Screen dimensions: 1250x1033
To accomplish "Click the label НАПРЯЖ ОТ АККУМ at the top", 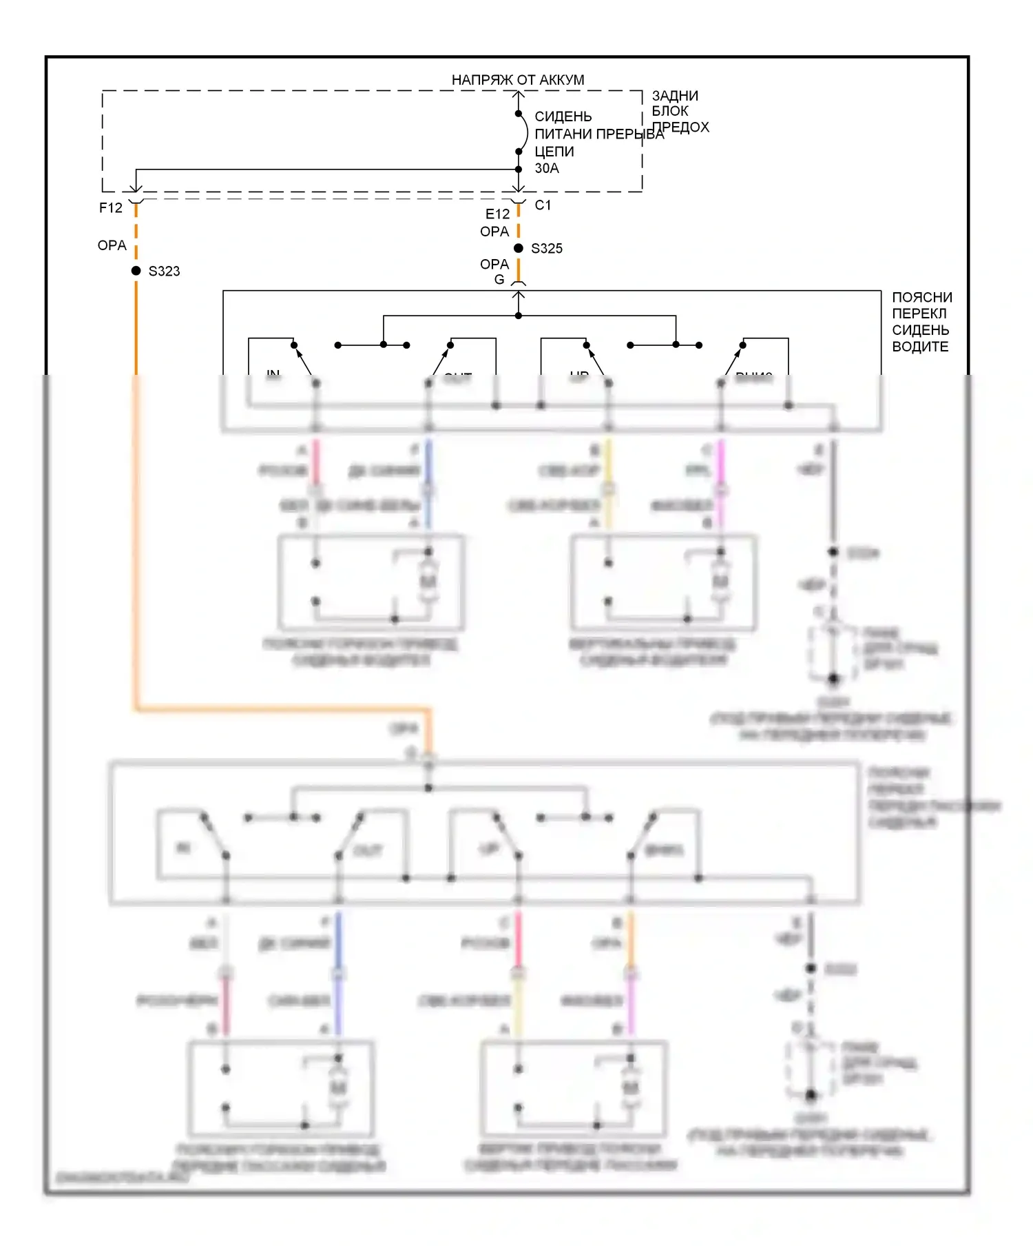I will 517,80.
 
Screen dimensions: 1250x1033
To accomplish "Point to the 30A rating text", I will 547,168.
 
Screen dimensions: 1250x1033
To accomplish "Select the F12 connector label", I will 110,207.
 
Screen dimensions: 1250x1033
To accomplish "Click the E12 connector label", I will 497,214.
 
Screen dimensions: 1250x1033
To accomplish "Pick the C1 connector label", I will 543,205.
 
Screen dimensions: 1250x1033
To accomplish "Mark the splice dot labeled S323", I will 136,271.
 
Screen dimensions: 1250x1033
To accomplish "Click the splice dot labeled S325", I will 519,248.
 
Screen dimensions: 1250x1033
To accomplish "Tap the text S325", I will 547,249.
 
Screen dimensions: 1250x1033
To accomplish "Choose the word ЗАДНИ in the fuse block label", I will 675,96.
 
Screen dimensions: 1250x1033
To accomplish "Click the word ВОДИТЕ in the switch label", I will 920,347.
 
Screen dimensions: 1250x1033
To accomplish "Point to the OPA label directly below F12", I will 112,245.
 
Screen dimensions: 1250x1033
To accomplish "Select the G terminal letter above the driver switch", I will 499,280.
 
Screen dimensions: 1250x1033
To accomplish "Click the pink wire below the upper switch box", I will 316,462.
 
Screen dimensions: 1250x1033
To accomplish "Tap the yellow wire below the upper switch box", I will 608,462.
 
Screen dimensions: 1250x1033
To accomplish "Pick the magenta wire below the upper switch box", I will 721,462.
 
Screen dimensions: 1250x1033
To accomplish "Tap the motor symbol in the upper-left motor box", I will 428,582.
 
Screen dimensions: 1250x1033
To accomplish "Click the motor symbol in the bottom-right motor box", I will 630,1087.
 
